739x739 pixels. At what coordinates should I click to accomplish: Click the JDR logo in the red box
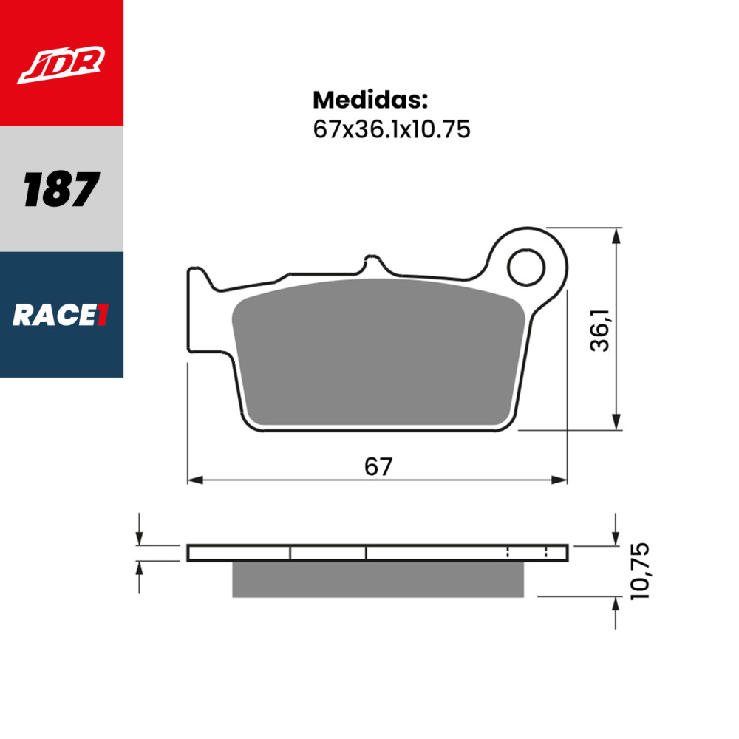click(x=62, y=65)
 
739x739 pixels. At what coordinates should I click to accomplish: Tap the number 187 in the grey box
click(x=61, y=189)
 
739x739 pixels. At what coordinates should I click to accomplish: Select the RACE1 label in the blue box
click(x=61, y=316)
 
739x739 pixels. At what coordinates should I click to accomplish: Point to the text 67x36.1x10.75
click(x=392, y=129)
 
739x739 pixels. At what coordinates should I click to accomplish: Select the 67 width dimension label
click(x=378, y=466)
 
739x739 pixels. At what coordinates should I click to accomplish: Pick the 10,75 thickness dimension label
click(x=640, y=571)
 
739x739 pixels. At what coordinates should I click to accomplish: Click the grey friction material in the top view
click(x=377, y=355)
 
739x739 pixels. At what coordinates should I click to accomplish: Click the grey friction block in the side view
click(x=377, y=579)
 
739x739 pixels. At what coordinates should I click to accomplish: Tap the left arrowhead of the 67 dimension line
click(x=194, y=480)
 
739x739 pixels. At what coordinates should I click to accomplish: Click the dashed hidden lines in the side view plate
click(x=526, y=553)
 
